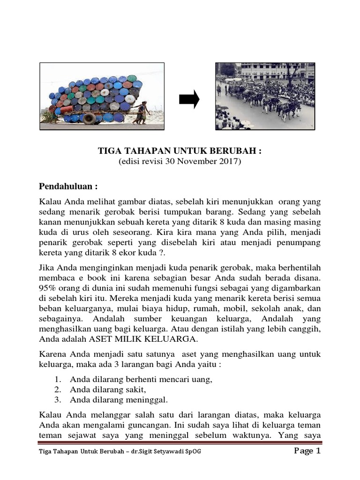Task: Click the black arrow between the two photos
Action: (x=189, y=100)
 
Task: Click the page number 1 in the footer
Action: (x=318, y=451)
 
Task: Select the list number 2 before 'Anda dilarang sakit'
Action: (x=58, y=390)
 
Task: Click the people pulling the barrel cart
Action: (x=141, y=112)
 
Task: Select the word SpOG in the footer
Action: (x=197, y=452)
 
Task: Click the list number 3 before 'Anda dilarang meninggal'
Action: (x=58, y=400)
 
